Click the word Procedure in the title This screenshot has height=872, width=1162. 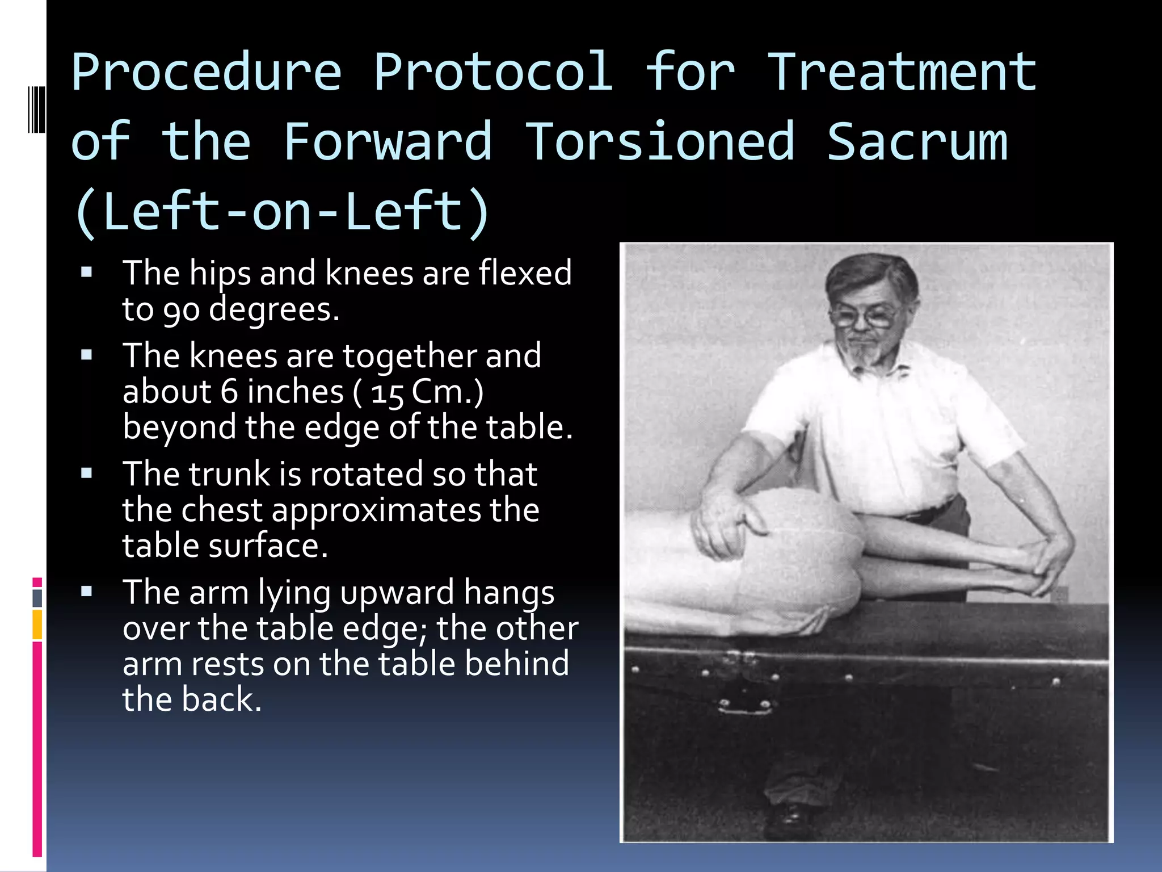[207, 73]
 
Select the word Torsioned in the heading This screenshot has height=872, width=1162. [659, 142]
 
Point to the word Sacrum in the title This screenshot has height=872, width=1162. [917, 142]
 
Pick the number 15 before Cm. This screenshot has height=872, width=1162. [387, 393]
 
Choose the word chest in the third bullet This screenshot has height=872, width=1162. [222, 510]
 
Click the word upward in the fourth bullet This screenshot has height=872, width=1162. [397, 593]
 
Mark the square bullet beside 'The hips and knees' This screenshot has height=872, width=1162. [87, 272]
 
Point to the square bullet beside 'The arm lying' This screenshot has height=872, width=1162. [87, 592]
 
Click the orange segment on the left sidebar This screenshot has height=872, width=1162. [37, 624]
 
